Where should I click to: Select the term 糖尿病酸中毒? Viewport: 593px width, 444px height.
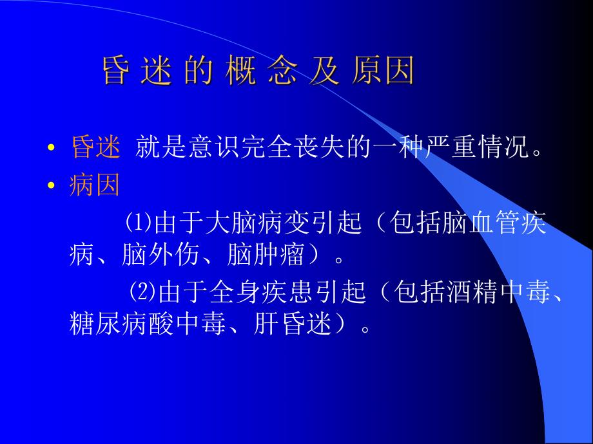[134, 325]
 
